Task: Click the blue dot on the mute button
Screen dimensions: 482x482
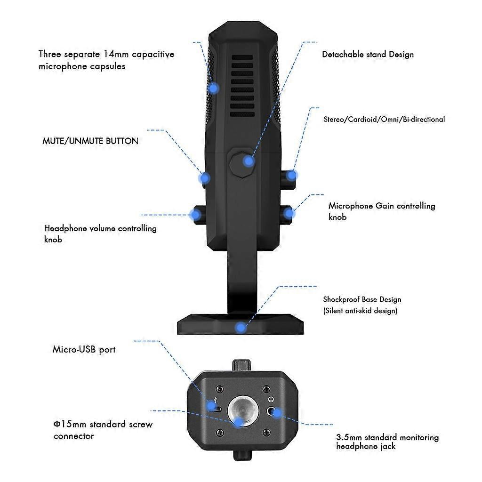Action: click(204, 178)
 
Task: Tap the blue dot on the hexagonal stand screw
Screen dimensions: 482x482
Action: click(248, 161)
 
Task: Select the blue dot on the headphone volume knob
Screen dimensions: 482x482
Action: click(195, 215)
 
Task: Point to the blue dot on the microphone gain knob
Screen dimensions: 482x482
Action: click(289, 213)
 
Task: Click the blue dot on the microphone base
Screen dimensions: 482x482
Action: click(241, 328)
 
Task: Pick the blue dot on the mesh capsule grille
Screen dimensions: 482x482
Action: click(213, 88)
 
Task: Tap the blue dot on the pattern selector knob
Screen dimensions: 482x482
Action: click(291, 176)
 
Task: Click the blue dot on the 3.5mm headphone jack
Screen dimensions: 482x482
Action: click(277, 413)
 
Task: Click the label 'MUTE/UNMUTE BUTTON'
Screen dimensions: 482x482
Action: click(90, 141)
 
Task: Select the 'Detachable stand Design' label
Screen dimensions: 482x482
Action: click(368, 55)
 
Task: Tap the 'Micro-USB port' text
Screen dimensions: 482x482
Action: click(84, 350)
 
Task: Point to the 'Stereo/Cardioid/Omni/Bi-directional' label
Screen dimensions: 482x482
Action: click(384, 119)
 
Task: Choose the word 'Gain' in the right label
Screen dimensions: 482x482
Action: click(385, 206)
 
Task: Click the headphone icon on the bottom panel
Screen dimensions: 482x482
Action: click(271, 400)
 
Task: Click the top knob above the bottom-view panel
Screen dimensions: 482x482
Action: click(242, 365)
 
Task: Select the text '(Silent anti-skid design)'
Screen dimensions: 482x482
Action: click(360, 311)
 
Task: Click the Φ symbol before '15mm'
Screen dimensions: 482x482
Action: click(57, 425)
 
